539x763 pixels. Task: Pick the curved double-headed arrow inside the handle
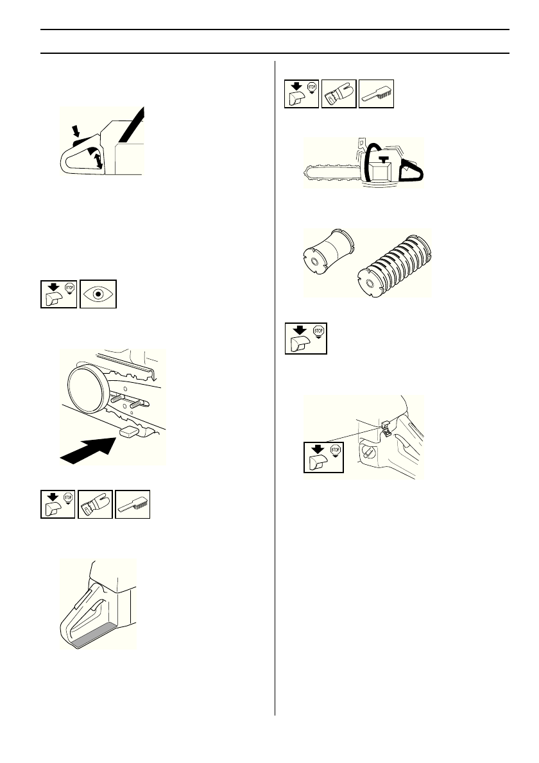(97, 157)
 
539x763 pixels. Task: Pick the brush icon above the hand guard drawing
(133, 503)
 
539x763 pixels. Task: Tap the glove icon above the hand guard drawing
(96, 503)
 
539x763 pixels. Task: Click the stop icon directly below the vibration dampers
(306, 337)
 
